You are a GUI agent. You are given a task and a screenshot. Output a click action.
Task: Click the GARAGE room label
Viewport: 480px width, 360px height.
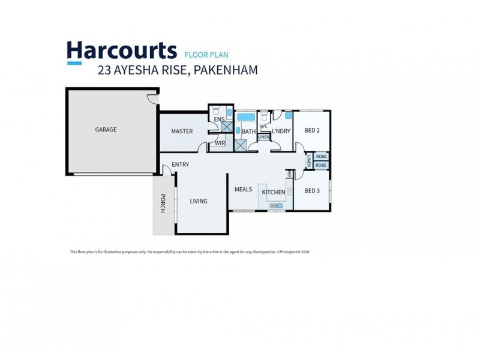click(106, 130)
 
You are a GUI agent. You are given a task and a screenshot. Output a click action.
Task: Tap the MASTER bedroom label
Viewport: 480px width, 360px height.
click(181, 131)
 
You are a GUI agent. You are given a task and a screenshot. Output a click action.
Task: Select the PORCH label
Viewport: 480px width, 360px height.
click(162, 202)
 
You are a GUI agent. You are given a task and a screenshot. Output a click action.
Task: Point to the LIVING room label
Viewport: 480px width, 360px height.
click(199, 202)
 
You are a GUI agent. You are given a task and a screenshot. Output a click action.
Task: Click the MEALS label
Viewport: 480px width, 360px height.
click(243, 190)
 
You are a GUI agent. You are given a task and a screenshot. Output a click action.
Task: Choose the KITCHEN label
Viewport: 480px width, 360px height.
click(273, 192)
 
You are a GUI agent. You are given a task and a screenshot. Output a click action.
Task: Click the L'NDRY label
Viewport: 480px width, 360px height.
click(281, 131)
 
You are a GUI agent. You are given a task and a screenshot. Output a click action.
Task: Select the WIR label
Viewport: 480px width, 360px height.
click(220, 143)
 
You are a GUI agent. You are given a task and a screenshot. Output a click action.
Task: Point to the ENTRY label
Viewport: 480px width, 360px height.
click(180, 164)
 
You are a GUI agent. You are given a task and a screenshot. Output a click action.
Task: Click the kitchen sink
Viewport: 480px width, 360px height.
click(277, 206)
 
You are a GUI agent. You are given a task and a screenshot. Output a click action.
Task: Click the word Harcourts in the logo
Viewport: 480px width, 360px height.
click(121, 50)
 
